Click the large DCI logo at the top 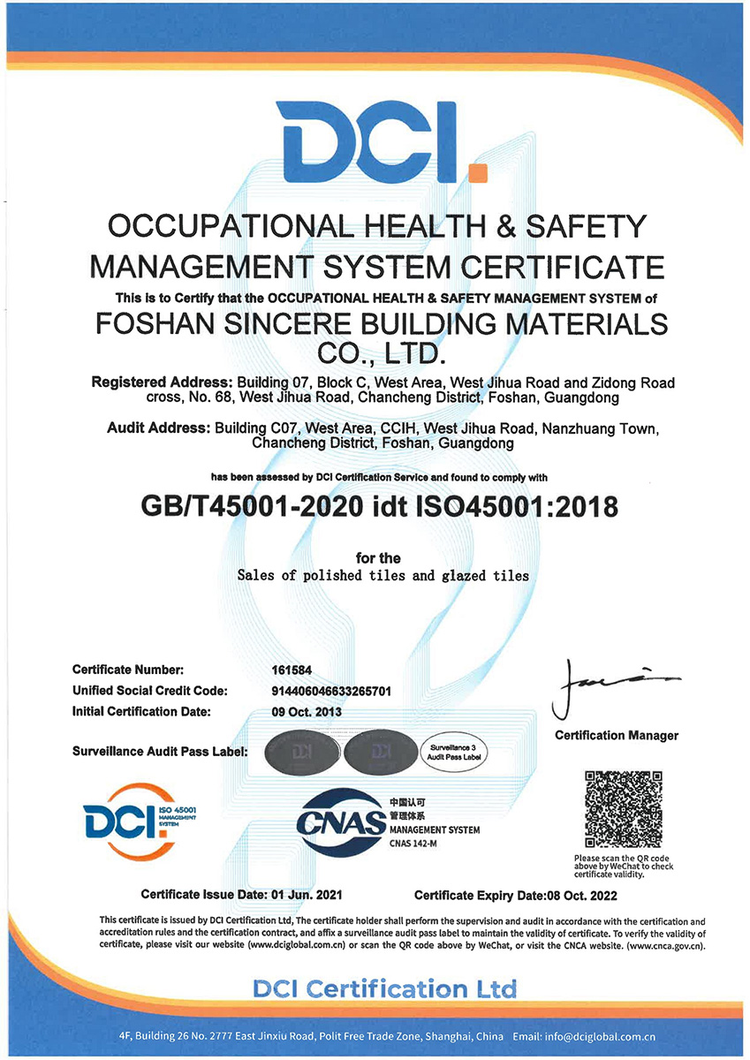coord(375,141)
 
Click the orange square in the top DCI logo coord(477,171)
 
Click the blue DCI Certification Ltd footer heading coord(384,988)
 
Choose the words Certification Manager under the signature coord(616,736)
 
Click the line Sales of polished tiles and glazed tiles coord(383,576)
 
